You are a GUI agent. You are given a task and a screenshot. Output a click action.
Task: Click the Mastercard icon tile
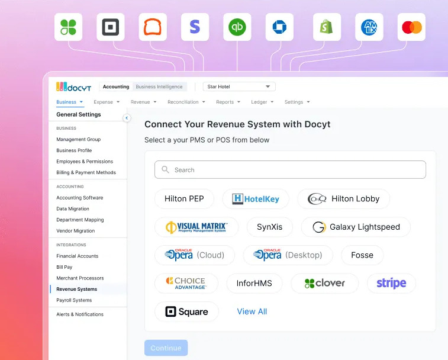tap(411, 27)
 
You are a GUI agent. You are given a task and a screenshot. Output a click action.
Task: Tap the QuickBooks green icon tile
tap(237, 27)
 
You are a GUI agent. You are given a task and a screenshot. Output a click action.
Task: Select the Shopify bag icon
tap(327, 27)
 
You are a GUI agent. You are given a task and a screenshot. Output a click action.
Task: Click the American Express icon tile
tap(369, 27)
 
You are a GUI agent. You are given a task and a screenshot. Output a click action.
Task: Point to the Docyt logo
tap(74, 86)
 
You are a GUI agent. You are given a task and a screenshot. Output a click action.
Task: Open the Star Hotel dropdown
tap(239, 86)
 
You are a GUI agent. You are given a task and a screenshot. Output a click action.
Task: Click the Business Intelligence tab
tap(159, 86)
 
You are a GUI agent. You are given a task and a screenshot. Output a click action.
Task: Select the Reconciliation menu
tap(186, 102)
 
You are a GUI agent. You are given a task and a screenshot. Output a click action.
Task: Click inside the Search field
tap(291, 170)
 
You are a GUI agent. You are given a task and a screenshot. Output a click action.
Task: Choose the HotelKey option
tap(256, 199)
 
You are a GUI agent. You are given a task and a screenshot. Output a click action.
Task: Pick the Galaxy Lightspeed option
tap(356, 227)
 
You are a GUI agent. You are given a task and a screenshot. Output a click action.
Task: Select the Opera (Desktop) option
tap(288, 255)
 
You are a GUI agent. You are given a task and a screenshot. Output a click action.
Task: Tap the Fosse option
tap(362, 255)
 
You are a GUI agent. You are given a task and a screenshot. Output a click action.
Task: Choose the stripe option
tap(391, 283)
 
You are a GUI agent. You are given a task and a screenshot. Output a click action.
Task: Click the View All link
tap(252, 311)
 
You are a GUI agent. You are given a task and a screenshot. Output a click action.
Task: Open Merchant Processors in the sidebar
tap(80, 278)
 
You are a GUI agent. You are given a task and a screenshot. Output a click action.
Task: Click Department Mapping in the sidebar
tap(80, 220)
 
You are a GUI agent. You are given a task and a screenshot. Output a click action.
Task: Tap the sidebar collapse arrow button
tap(127, 118)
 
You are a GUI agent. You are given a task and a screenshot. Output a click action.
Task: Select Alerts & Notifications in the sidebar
tap(80, 314)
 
